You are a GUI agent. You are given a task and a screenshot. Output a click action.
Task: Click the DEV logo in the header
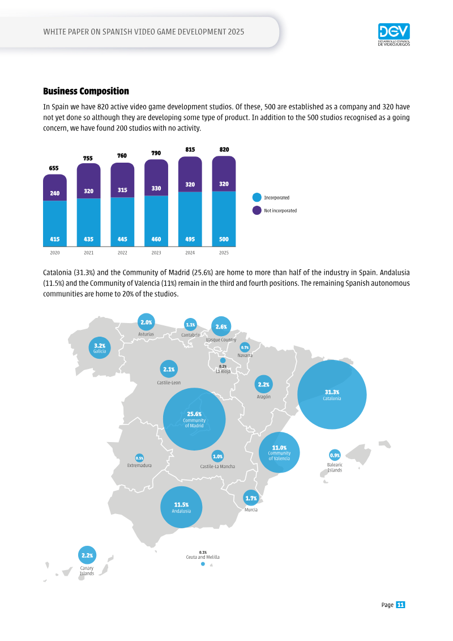(x=394, y=35)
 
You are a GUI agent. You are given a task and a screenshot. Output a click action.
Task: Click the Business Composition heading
(x=86, y=91)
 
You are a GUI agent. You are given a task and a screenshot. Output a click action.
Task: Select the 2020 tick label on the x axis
(x=55, y=253)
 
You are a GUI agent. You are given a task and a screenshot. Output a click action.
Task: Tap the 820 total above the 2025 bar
(x=224, y=150)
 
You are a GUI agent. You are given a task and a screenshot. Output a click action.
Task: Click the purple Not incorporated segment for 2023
(x=156, y=178)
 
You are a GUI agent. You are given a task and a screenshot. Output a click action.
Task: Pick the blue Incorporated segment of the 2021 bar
(x=89, y=222)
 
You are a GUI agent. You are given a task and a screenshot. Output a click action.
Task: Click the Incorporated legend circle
(x=257, y=197)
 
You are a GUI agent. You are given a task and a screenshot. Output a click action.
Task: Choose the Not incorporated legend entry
(x=275, y=210)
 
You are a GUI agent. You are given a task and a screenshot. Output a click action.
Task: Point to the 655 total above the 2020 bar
(x=53, y=168)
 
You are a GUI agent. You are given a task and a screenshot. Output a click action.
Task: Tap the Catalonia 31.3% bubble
(x=332, y=395)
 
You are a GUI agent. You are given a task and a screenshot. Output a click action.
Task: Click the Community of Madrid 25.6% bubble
(x=194, y=419)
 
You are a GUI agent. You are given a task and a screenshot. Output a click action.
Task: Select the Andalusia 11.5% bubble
(x=181, y=507)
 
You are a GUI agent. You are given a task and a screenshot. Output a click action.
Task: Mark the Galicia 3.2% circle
(x=100, y=348)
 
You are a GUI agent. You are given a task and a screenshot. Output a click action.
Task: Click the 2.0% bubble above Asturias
(x=146, y=322)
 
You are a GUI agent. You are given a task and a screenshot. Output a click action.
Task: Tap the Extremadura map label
(x=139, y=466)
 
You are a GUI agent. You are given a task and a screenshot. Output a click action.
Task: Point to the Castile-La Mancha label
(x=217, y=466)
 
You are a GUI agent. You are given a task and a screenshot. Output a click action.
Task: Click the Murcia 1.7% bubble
(x=251, y=498)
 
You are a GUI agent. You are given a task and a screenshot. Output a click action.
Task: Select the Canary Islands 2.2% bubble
(x=87, y=555)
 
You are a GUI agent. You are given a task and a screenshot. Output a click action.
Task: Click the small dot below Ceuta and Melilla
(x=203, y=564)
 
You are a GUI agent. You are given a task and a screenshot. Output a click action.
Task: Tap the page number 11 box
(x=400, y=605)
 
